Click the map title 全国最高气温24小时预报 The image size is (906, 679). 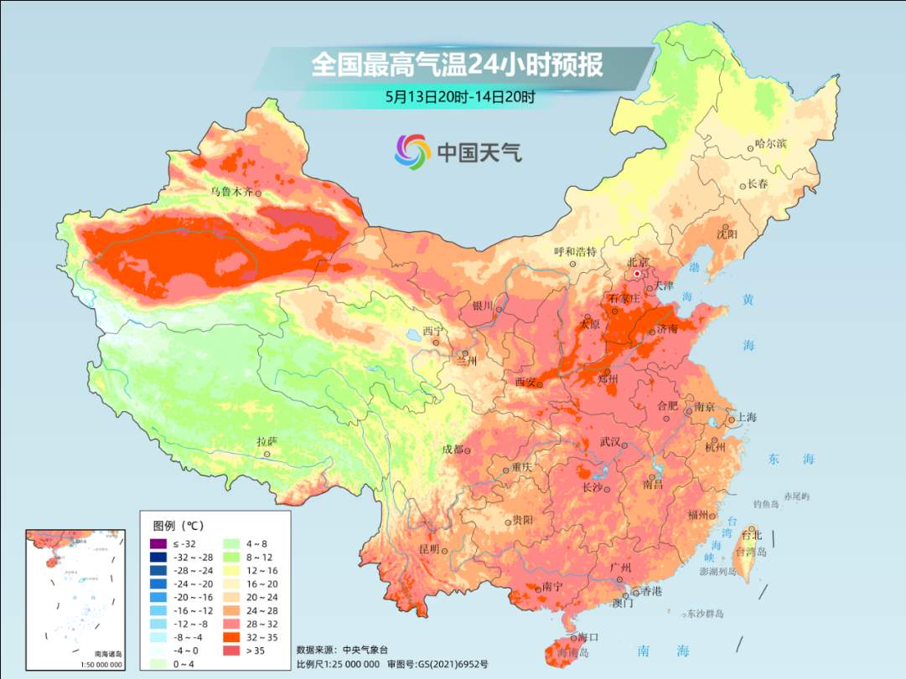[x=457, y=65]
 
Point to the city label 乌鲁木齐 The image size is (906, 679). [x=231, y=192]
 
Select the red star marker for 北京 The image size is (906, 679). [x=637, y=273]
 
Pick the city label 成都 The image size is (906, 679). [x=452, y=450]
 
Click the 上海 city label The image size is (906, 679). [x=745, y=418]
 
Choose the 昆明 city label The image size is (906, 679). [x=428, y=549]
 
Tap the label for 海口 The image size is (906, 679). [x=588, y=637]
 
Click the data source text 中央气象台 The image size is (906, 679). [x=366, y=650]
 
